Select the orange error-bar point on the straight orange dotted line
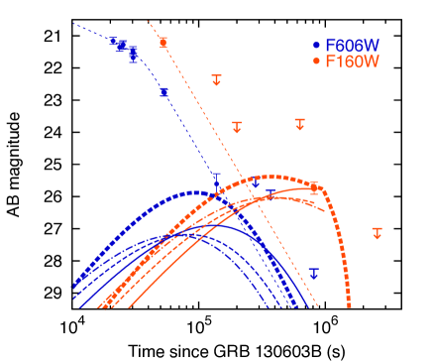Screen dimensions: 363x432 click(163, 43)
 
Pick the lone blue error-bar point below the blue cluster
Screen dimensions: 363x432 click(163, 92)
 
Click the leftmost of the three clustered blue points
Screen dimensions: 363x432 click(113, 43)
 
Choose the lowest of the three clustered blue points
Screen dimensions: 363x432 click(133, 55)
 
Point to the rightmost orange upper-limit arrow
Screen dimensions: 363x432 click(377, 232)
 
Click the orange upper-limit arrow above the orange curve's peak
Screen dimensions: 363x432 click(300, 123)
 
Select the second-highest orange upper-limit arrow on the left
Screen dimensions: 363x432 click(237, 126)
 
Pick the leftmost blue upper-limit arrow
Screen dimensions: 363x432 click(216, 179)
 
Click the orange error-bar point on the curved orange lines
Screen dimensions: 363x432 click(314, 186)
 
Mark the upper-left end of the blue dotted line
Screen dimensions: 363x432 click(73, 23)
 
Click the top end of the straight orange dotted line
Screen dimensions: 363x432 click(148, 20)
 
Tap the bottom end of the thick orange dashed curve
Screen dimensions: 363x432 click(350, 306)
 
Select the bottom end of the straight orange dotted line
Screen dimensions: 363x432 click(318, 306)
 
